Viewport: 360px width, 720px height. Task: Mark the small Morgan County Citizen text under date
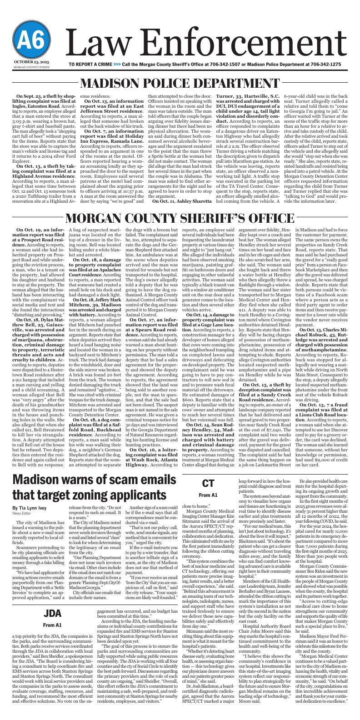pos(28,67)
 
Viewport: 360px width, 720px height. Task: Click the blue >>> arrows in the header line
pos(117,65)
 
